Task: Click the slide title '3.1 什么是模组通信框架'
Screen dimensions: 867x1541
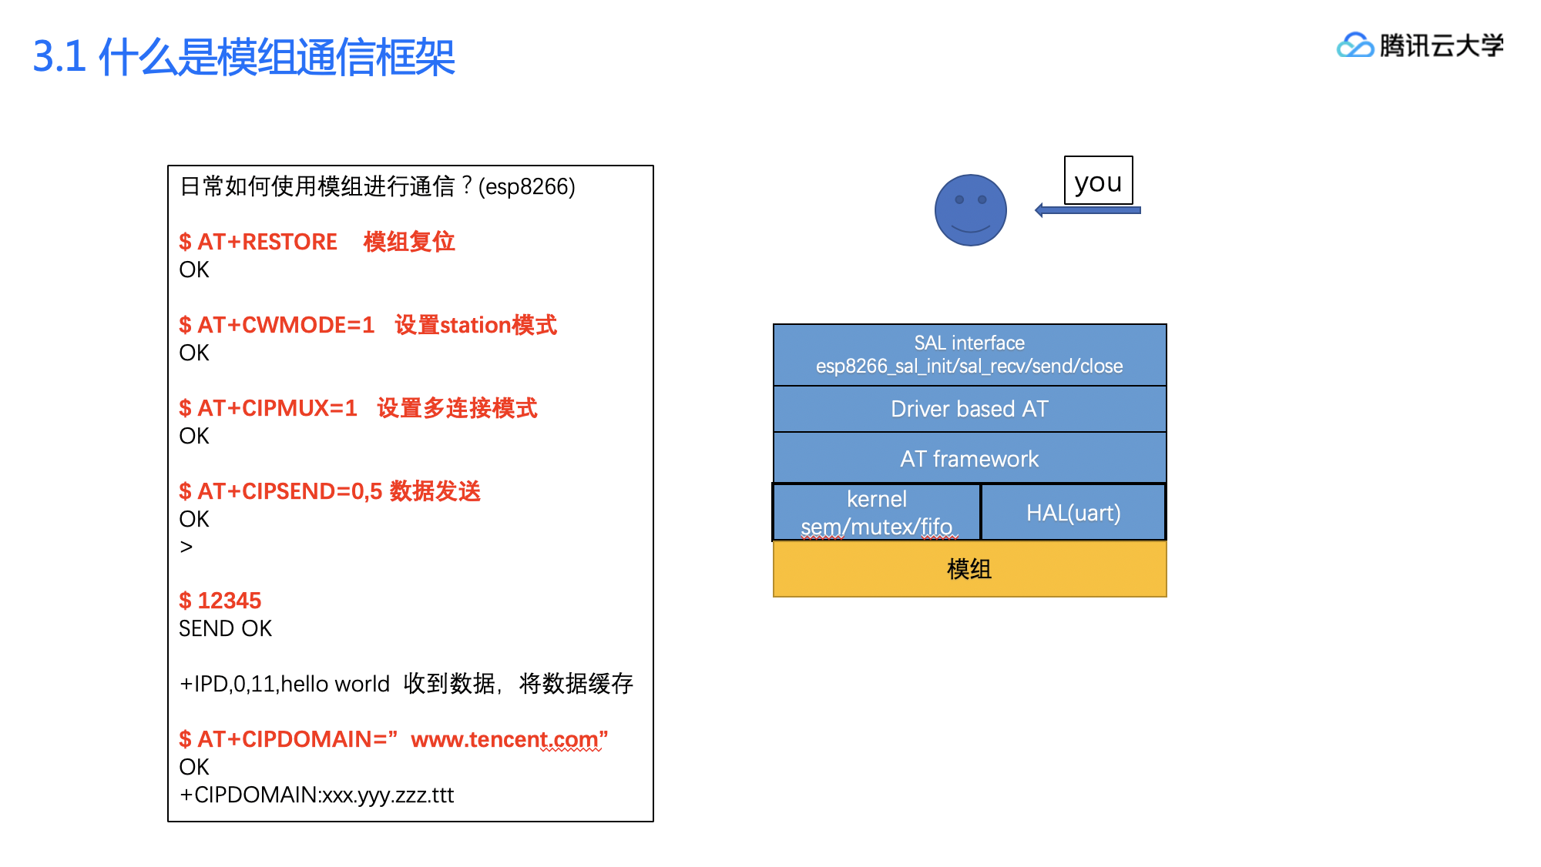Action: pos(243,57)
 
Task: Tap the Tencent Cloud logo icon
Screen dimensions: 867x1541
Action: pos(1355,46)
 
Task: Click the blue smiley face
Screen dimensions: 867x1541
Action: pos(970,210)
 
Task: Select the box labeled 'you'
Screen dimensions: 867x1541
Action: pos(1098,181)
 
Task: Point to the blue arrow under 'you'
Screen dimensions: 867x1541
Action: pos(1087,210)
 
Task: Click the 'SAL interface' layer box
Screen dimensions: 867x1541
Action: pos(969,354)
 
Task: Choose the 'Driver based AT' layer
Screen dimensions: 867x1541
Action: pos(969,409)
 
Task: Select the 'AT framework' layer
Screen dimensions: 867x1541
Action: pos(969,459)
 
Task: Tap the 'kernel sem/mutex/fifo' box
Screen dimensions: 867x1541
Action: pos(877,513)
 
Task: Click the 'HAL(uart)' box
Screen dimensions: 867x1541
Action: pos(1073,513)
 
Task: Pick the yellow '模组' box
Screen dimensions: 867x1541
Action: pos(969,569)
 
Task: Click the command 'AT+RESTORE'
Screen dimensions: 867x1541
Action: pos(267,242)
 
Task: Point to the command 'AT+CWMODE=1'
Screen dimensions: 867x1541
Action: pos(286,325)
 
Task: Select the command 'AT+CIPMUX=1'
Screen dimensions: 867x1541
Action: pos(277,408)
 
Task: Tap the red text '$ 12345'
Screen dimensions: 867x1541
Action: pos(220,601)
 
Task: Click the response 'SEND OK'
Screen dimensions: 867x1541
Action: pos(225,628)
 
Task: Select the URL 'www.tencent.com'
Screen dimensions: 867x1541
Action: pos(504,739)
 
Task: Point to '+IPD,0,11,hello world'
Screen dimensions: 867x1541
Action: pos(284,684)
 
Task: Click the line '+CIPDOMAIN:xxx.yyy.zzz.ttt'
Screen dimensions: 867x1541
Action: pos(317,795)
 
